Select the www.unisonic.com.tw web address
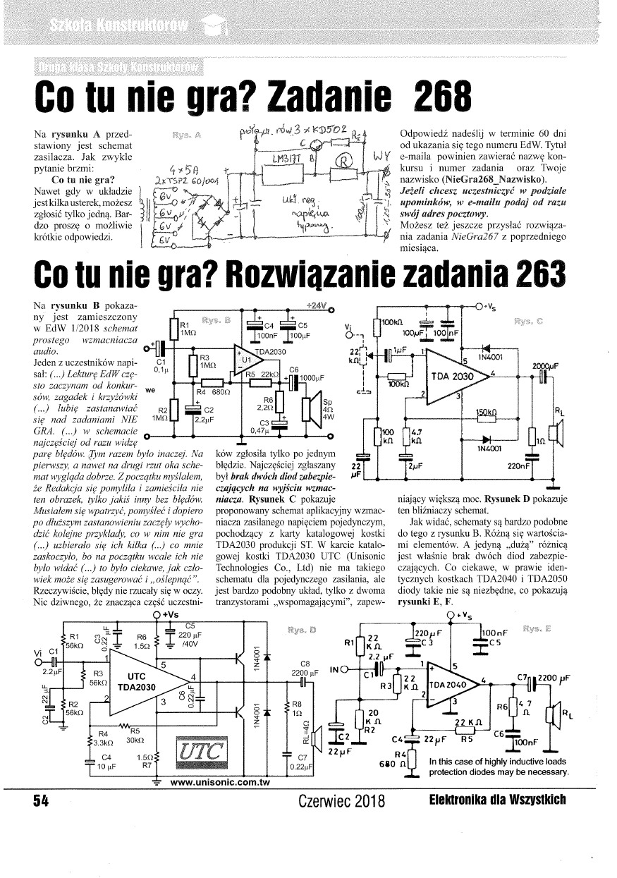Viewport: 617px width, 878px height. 221,781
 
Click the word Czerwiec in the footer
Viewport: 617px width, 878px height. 321,802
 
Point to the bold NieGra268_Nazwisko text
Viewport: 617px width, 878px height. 487,181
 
